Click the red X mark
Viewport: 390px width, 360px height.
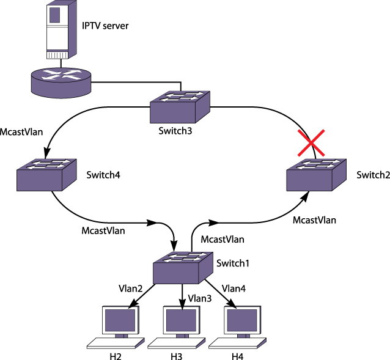[x=311, y=142]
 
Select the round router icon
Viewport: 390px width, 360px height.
[x=61, y=83]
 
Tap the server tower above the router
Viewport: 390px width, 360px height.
[x=61, y=30]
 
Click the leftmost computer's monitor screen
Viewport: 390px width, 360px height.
[x=119, y=320]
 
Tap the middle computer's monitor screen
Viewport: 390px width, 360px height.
[x=181, y=320]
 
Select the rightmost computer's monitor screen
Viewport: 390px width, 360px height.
[x=242, y=320]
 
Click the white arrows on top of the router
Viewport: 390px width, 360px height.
[x=61, y=75]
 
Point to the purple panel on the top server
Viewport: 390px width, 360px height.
[x=54, y=15]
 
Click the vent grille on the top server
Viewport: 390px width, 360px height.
[x=57, y=54]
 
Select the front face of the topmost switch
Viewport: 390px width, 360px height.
[x=172, y=112]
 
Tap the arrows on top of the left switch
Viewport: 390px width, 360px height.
[x=47, y=164]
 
